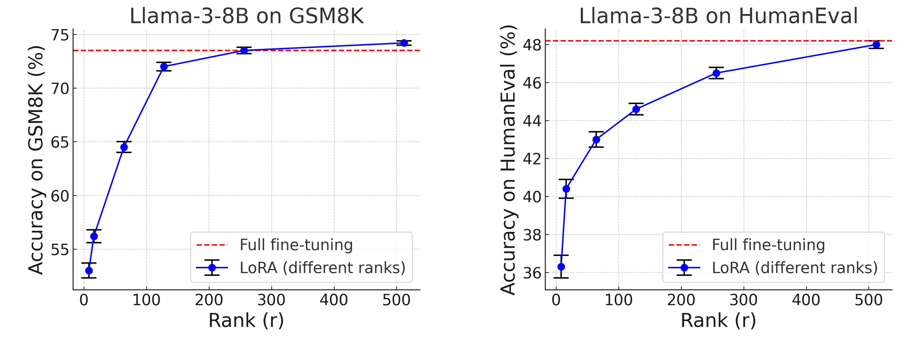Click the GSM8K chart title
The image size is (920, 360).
[x=246, y=16]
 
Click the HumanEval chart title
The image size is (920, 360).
[x=718, y=16]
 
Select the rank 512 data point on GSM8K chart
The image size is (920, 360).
[x=404, y=43]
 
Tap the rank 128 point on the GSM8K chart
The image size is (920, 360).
[x=164, y=67]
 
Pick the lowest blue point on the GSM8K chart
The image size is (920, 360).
[x=89, y=271]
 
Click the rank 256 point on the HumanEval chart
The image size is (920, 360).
[x=716, y=73]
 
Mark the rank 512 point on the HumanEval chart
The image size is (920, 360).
[x=876, y=45]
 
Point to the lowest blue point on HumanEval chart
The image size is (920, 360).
[x=561, y=267]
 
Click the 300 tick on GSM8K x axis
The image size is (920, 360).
[x=271, y=300]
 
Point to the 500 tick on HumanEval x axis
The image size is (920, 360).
[x=869, y=300]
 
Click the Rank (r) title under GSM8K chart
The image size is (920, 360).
[x=246, y=320]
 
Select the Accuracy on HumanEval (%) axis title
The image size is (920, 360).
[x=508, y=160]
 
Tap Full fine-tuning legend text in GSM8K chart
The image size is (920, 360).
[x=296, y=245]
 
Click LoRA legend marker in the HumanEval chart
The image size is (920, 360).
[x=684, y=268]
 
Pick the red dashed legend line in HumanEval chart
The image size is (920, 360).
[x=684, y=245]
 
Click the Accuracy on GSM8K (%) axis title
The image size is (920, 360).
[x=36, y=160]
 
